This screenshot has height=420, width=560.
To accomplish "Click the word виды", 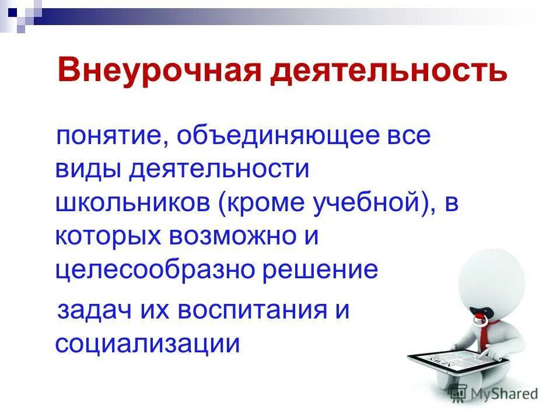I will [x=88, y=170].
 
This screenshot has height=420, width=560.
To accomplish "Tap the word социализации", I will [x=148, y=342].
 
